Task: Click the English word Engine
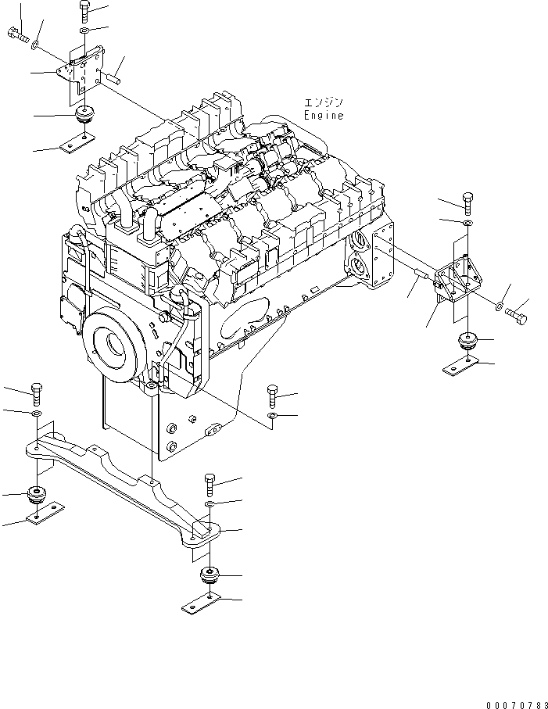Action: pos(323,116)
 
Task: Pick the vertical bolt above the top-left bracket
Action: pos(84,12)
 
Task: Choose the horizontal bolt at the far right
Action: pos(517,316)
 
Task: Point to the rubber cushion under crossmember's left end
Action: pos(36,494)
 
